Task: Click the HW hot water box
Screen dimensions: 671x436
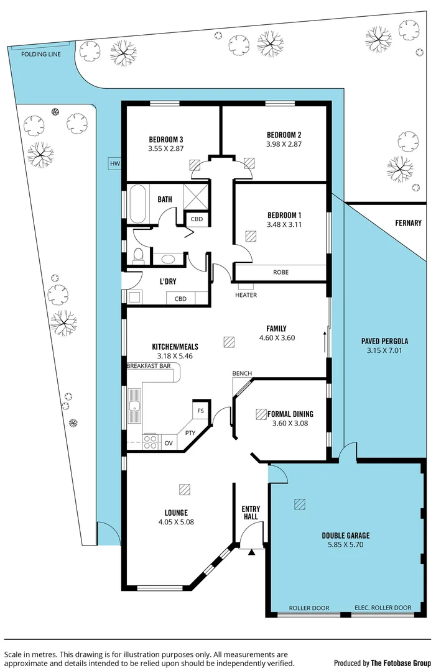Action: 114,163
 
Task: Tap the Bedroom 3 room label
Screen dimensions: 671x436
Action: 165,139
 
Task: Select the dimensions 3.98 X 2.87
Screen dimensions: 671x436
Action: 284,144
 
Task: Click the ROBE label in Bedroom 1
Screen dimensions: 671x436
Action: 281,272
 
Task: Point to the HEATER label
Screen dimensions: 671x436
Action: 246,295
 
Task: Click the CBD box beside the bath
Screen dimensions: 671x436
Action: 197,219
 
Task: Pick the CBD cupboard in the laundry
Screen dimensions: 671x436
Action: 180,299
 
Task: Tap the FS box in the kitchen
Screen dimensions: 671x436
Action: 200,411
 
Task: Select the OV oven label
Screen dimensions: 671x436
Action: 169,443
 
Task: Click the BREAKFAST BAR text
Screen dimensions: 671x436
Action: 149,367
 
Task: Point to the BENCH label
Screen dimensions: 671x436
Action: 242,373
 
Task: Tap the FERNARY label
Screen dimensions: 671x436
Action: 408,223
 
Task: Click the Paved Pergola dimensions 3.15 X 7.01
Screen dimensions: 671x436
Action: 384,351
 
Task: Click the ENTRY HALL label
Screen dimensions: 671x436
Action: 251,513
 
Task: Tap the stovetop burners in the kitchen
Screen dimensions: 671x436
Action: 151,442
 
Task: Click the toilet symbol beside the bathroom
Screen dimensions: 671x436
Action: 138,254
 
